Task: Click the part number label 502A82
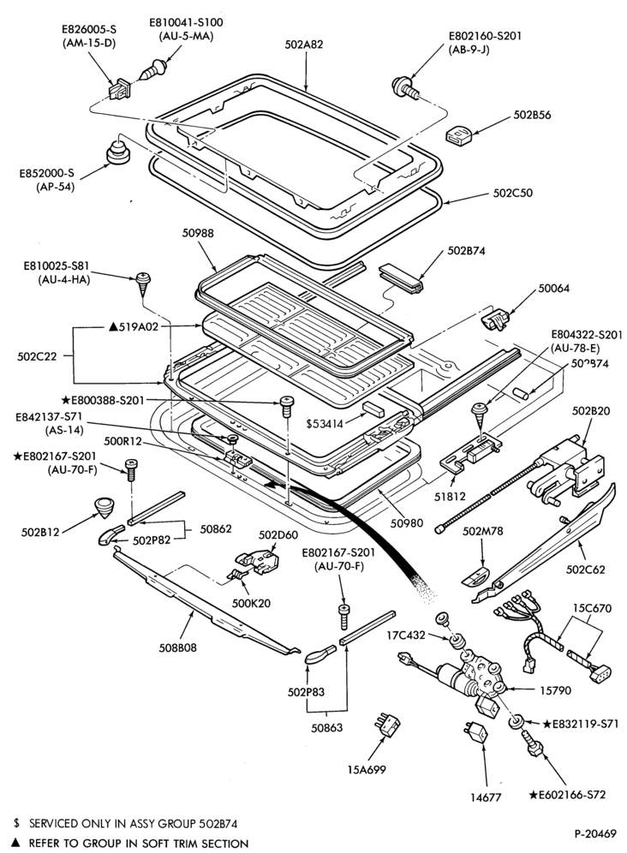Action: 304,45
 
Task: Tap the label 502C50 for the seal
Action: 513,193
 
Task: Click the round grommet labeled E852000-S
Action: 117,151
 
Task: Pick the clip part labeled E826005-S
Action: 120,89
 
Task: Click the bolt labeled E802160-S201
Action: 405,89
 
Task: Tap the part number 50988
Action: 198,234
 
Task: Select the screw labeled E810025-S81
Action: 144,284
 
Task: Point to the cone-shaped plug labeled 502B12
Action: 103,508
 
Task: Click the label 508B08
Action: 177,647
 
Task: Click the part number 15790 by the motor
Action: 555,691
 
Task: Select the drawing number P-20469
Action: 595,833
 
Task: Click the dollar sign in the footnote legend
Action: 16,823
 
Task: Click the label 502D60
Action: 276,534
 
